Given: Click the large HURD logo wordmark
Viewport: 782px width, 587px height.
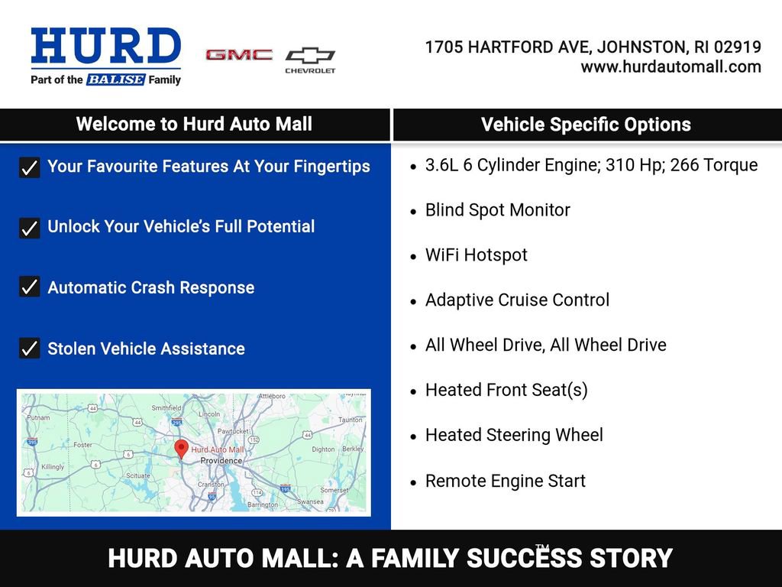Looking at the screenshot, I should coord(105,47).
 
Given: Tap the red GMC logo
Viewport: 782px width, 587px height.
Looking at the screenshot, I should coord(239,55).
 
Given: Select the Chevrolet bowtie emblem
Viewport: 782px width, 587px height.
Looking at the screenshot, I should coord(310,56).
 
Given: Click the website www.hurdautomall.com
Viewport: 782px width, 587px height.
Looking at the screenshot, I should coord(671,67).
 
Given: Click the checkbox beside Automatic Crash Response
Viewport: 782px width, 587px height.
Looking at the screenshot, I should coord(29,287).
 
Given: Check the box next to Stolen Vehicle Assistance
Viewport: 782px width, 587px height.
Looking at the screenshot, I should coord(29,349).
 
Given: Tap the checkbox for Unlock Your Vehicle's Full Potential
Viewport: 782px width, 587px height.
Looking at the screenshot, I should coord(29,227).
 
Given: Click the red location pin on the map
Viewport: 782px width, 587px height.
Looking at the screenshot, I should coord(181,448).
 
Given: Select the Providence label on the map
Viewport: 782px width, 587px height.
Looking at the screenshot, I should coord(221,461).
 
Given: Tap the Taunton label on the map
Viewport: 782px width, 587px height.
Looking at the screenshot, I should coord(350,420).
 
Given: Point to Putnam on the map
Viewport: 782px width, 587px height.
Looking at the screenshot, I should coord(38,417).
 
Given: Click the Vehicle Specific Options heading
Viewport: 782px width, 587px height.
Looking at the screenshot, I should coord(586,125).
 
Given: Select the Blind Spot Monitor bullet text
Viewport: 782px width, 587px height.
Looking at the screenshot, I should coord(497,210).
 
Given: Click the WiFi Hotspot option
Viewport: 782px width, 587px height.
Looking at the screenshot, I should coord(476,255).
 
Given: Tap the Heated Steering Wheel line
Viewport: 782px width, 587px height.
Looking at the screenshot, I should coord(514,436).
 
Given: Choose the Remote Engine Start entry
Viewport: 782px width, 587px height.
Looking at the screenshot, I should coord(505,482).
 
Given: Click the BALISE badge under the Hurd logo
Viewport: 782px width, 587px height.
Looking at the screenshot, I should coord(115,79).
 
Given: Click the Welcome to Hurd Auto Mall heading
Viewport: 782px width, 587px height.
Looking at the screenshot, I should coord(194,125).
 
